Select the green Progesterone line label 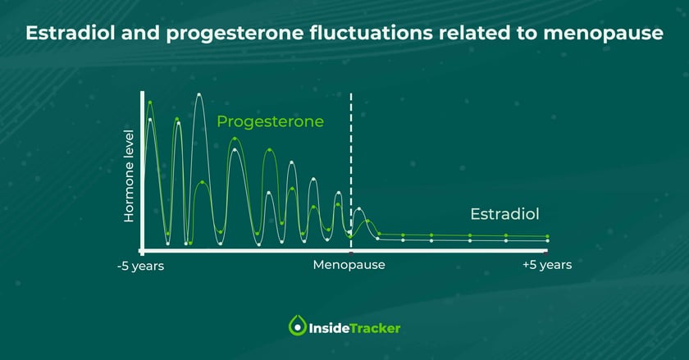coord(270,121)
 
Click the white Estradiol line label coord(504,215)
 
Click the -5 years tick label coord(141,266)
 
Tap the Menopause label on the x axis coord(349,266)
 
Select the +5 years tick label coord(546,266)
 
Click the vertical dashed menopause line coord(351,164)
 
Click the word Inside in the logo coord(331,328)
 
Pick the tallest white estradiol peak coord(198,94)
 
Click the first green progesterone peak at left coord(150,103)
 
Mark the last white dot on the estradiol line coord(546,240)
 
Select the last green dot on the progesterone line coord(546,236)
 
